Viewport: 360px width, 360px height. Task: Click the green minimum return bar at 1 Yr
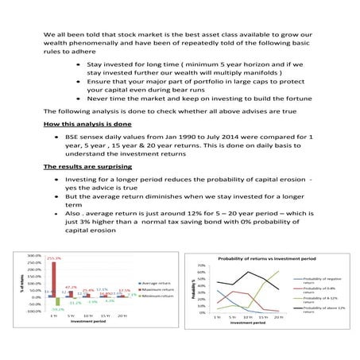point(59,304)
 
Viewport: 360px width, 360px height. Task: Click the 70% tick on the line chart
point(201,265)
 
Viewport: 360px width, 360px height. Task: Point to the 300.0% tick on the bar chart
point(34,254)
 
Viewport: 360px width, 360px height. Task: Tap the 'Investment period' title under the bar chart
point(87,323)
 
